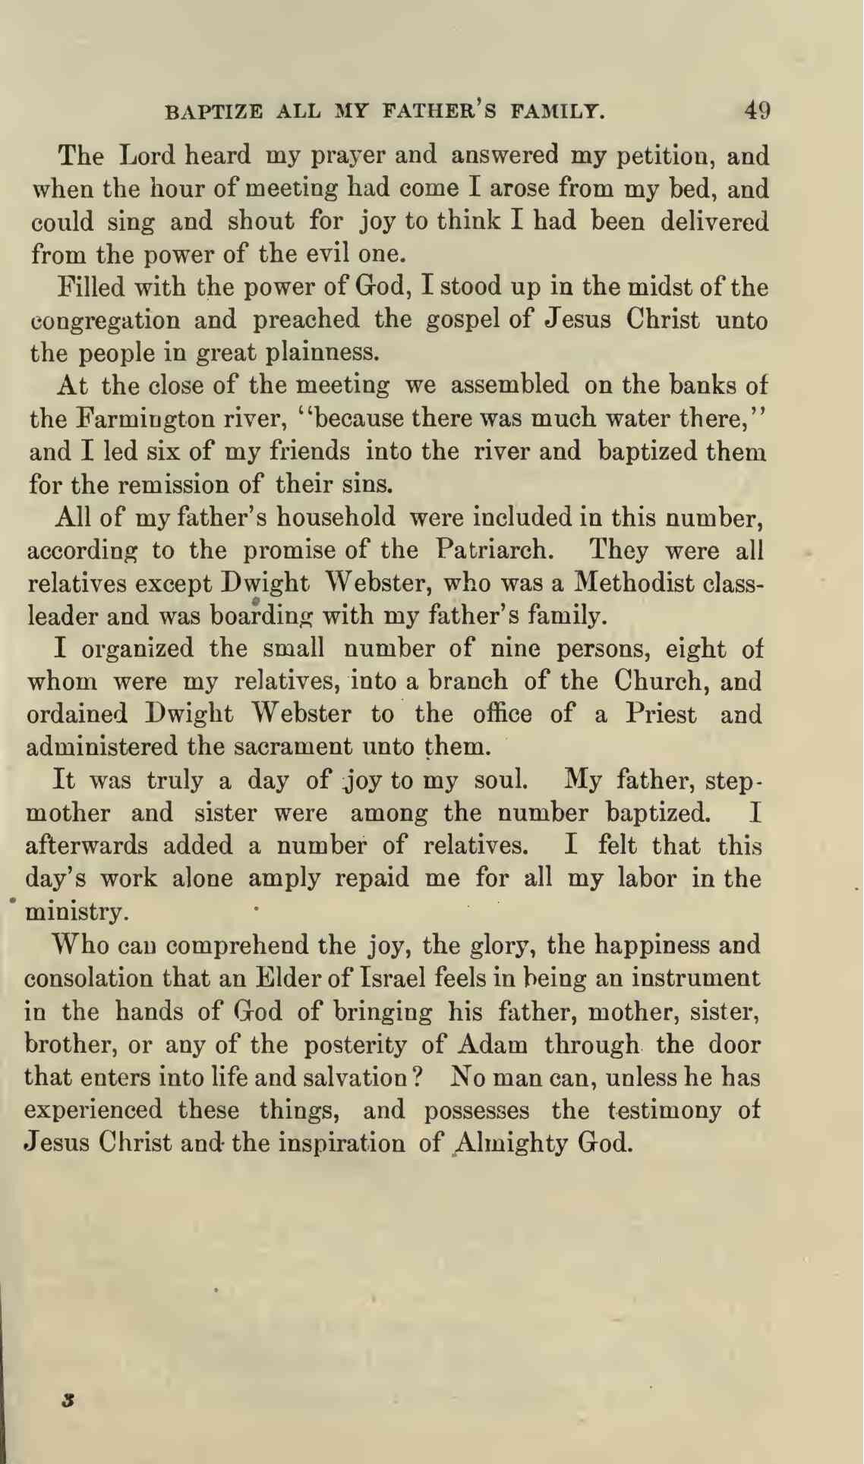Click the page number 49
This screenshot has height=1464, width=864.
pos(756,112)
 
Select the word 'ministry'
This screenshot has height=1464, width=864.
pos(74,911)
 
